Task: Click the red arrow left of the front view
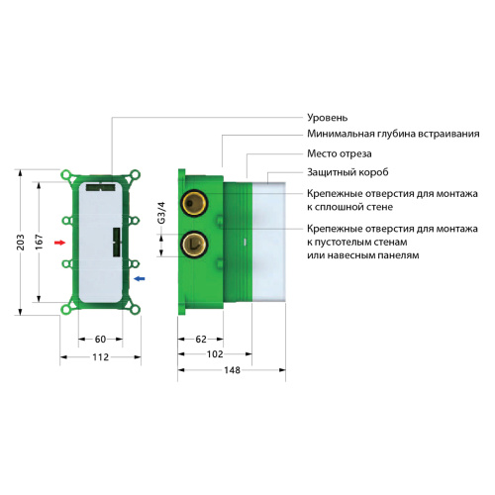pos(60,242)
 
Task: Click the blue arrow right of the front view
pos(140,280)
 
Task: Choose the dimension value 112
pos(101,358)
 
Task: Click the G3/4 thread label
pos(163,211)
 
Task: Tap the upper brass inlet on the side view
pos(194,204)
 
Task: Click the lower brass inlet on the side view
pos(194,242)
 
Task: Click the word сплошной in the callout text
pos(345,208)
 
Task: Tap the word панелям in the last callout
pos(396,256)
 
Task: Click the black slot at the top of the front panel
pos(101,184)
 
